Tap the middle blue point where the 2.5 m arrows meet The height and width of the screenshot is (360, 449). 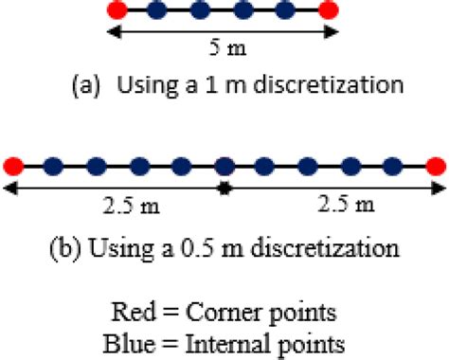[224, 167]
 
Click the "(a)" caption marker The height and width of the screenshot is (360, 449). [83, 86]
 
